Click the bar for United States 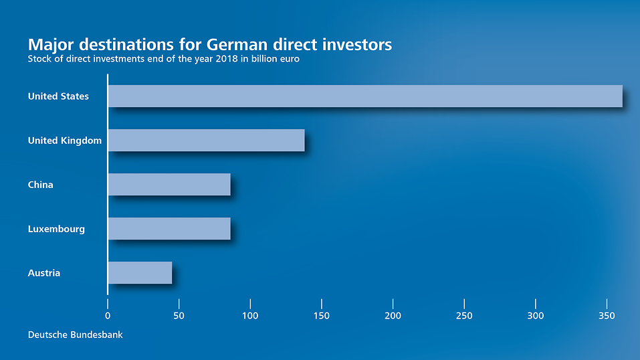point(364,96)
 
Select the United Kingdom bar point(206,141)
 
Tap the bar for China point(169,185)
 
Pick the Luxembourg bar point(169,229)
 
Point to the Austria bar point(140,273)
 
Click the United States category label point(58,96)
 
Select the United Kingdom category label point(64,141)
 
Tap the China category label point(40,185)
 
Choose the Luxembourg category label point(56,229)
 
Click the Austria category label point(44,273)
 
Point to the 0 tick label point(108,316)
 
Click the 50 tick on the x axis point(179,316)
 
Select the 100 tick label point(250,316)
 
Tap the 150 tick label point(322,316)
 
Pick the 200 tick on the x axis point(393,316)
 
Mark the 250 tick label point(464,316)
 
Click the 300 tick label point(536,316)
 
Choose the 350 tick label point(607,316)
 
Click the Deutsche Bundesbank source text point(75,335)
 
